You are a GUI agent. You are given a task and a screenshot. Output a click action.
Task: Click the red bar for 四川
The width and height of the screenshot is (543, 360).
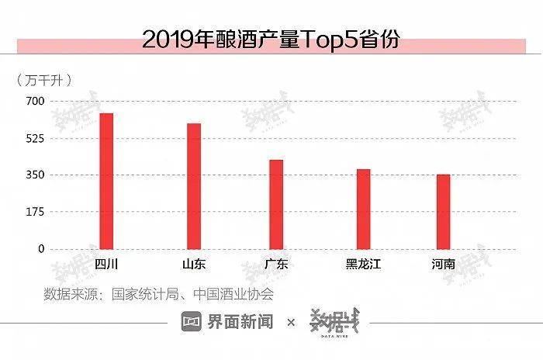[x=106, y=181]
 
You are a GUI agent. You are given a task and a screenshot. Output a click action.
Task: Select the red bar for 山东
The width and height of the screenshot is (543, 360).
[x=194, y=186]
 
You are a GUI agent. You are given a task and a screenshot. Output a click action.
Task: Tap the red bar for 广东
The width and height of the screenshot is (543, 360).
[x=276, y=204]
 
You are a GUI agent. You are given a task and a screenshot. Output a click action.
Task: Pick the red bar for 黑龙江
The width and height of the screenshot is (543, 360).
[x=363, y=209]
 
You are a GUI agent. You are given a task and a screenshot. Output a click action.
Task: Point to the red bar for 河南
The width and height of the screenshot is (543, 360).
[x=443, y=211]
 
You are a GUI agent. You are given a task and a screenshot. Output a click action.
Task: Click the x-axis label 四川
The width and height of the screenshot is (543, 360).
[x=106, y=264]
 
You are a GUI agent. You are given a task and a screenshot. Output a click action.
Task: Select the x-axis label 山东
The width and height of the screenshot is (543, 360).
[x=194, y=264]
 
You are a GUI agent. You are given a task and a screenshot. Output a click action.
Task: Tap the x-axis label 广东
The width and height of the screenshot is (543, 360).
[x=276, y=264]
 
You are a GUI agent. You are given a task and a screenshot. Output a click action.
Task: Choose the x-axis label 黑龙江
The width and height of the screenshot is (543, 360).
[x=363, y=264]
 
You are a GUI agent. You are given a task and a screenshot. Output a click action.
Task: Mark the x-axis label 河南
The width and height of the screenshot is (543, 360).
[x=443, y=264]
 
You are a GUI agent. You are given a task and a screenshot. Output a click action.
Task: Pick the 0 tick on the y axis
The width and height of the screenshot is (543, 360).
[x=42, y=249]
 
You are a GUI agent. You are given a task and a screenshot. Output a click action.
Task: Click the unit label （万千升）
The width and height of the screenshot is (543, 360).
[x=44, y=79]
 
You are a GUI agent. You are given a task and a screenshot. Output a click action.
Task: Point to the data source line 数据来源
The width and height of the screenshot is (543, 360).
[x=158, y=294]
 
